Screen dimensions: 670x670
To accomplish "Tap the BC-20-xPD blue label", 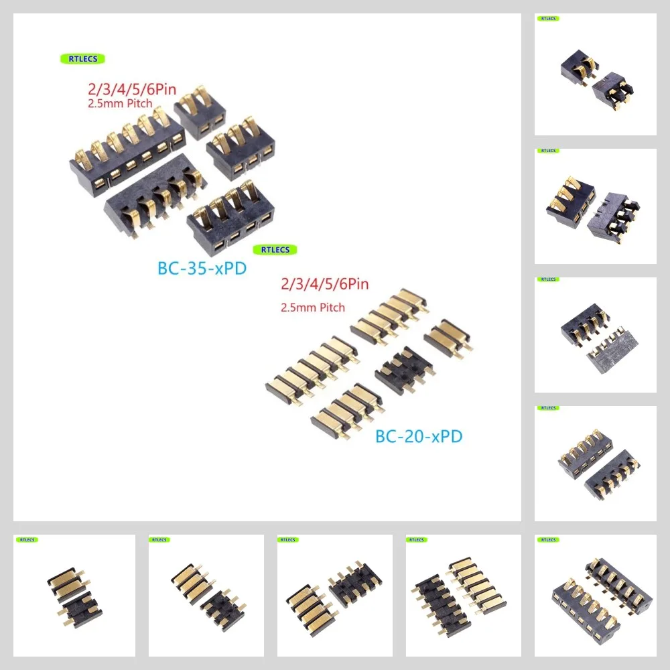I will click(419, 437).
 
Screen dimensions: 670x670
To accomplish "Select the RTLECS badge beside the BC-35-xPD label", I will click(274, 249).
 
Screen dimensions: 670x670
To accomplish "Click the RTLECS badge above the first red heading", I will click(82, 59).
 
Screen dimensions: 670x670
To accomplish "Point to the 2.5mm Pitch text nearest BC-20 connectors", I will click(314, 308).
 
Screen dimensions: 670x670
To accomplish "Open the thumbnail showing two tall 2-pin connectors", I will click(595, 74).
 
